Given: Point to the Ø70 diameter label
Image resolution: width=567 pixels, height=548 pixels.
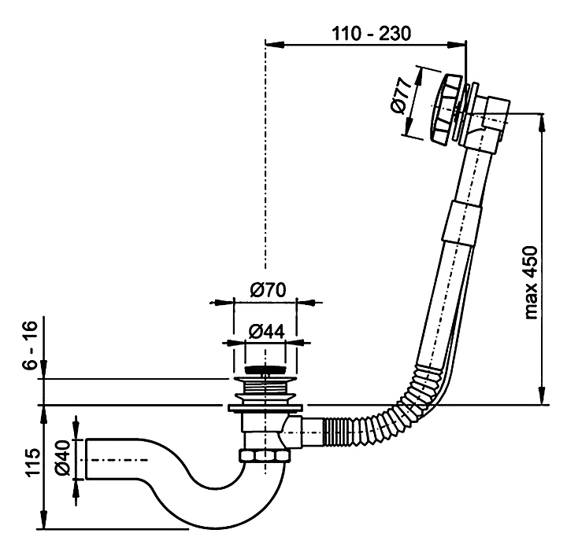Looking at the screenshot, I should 268,289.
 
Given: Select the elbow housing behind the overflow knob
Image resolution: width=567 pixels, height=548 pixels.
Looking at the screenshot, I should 492,118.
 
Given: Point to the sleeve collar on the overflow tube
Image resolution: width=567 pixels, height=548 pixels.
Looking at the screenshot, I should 461,219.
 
